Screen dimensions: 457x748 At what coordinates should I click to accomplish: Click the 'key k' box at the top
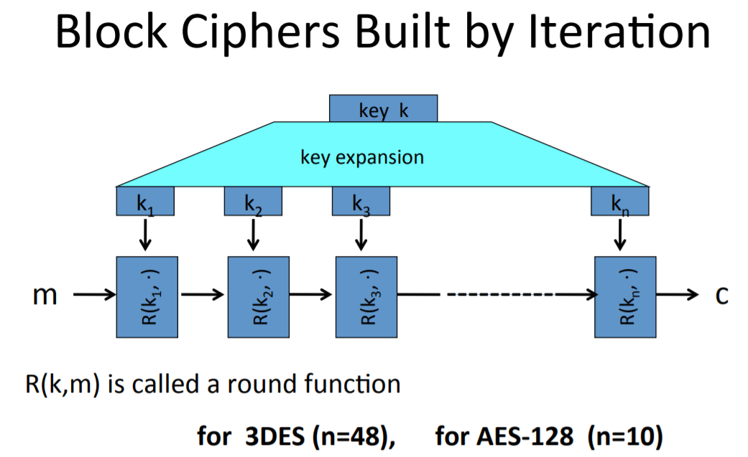[x=383, y=109]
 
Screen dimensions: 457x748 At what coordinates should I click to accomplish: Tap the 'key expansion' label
[x=362, y=156]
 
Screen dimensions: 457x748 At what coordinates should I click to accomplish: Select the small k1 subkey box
[x=145, y=202]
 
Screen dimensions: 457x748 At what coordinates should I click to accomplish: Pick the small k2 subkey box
[x=253, y=202]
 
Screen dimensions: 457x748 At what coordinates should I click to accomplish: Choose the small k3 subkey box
[x=361, y=202]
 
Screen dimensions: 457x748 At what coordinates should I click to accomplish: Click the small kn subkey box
[x=619, y=202]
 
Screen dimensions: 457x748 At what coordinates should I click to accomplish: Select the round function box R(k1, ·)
[x=146, y=296]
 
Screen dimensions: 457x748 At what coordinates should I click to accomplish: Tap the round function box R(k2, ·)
[x=258, y=296]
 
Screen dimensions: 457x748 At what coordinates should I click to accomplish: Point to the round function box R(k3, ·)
[x=366, y=296]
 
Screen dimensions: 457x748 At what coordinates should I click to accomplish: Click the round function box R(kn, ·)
[x=624, y=296]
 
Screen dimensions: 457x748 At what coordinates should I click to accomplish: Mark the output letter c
[x=721, y=296]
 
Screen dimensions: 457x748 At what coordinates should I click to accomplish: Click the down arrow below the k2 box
[x=253, y=234]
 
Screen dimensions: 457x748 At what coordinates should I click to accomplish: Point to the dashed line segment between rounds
[x=515, y=295]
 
